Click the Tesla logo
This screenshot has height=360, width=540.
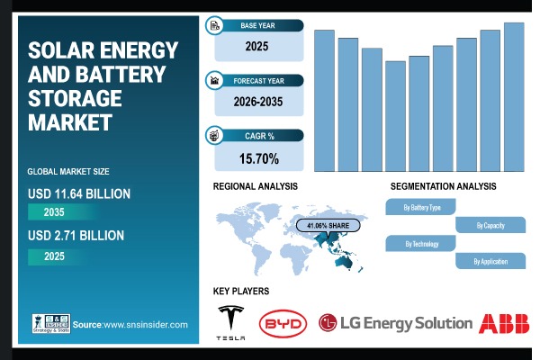[231, 321]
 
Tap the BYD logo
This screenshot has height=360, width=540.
[283, 322]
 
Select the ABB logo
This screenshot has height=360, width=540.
[504, 322]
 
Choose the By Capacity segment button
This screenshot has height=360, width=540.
[490, 225]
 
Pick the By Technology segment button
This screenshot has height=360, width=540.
[421, 243]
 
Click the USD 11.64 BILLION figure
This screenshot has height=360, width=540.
[79, 193]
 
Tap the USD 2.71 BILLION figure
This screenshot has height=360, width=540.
[76, 236]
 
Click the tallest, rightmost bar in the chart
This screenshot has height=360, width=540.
[514, 96]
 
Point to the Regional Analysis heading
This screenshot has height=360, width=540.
[255, 185]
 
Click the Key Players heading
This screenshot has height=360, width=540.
[240, 292]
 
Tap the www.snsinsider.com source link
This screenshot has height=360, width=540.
[144, 324]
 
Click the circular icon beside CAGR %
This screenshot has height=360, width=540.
[215, 136]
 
